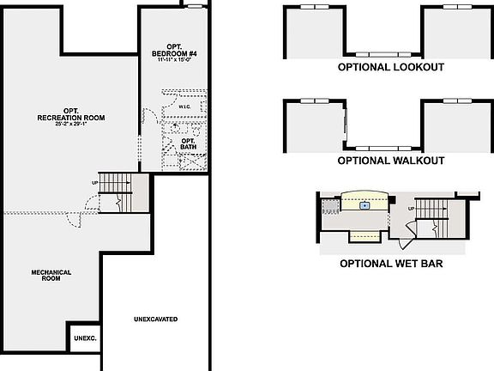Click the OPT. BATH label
[188, 143]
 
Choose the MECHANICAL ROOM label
[51, 275]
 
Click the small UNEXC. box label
[85, 338]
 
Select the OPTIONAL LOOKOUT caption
[390, 67]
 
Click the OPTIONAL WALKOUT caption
[390, 161]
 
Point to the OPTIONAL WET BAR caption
[390, 263]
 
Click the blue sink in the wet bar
[364, 205]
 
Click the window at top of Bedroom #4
[194, 6]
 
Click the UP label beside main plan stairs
[95, 183]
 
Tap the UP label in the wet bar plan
[412, 209]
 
